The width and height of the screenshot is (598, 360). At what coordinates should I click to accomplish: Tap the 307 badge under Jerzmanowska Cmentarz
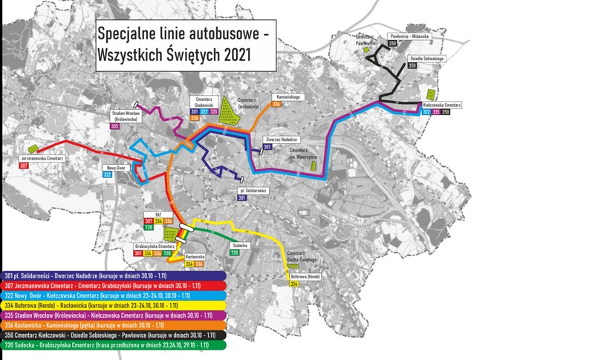25,166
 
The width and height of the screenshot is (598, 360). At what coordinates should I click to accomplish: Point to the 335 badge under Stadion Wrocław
115,127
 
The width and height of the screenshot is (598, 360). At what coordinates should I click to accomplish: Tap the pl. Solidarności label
253,191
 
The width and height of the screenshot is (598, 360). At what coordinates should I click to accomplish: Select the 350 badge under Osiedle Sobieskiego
412,66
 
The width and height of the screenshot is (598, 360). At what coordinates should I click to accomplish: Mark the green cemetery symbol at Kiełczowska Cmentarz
430,96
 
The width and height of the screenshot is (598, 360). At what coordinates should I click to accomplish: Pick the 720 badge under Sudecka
234,253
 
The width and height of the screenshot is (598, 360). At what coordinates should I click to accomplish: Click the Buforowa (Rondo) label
305,276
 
